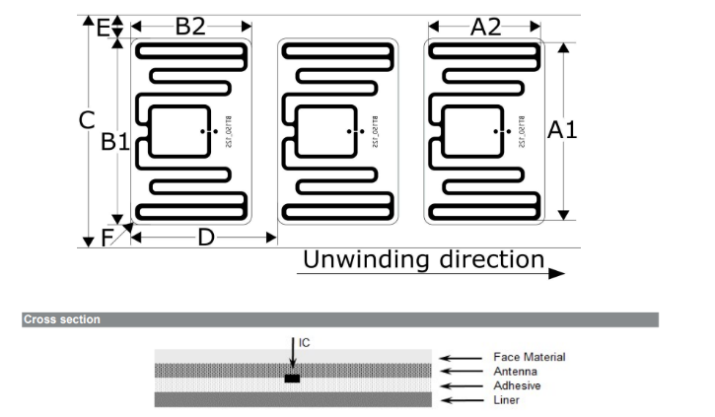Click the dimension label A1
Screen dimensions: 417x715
click(562, 130)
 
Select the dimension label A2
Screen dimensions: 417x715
click(485, 27)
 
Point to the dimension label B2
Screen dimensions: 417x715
click(190, 27)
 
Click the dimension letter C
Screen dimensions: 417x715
click(87, 120)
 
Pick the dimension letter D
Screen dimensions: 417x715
click(205, 238)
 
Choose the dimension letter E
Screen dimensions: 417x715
click(103, 27)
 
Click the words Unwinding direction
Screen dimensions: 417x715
click(423, 259)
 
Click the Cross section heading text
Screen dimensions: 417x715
click(61, 319)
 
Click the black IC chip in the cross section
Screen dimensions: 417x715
click(292, 378)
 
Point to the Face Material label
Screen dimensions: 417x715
click(530, 357)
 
